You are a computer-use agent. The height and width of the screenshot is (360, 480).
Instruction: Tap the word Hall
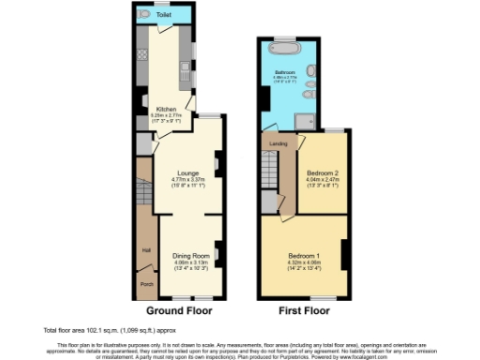(x=146, y=250)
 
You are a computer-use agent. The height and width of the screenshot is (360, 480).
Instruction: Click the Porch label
(x=147, y=284)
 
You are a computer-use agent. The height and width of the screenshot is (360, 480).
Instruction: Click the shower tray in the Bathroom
(x=305, y=118)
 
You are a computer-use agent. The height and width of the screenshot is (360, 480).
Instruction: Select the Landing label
(x=277, y=143)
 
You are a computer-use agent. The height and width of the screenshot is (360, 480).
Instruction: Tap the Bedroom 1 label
(x=304, y=256)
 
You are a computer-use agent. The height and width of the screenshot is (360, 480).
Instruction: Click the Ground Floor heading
(x=179, y=309)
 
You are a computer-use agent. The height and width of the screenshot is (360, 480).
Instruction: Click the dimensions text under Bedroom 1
(x=304, y=265)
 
